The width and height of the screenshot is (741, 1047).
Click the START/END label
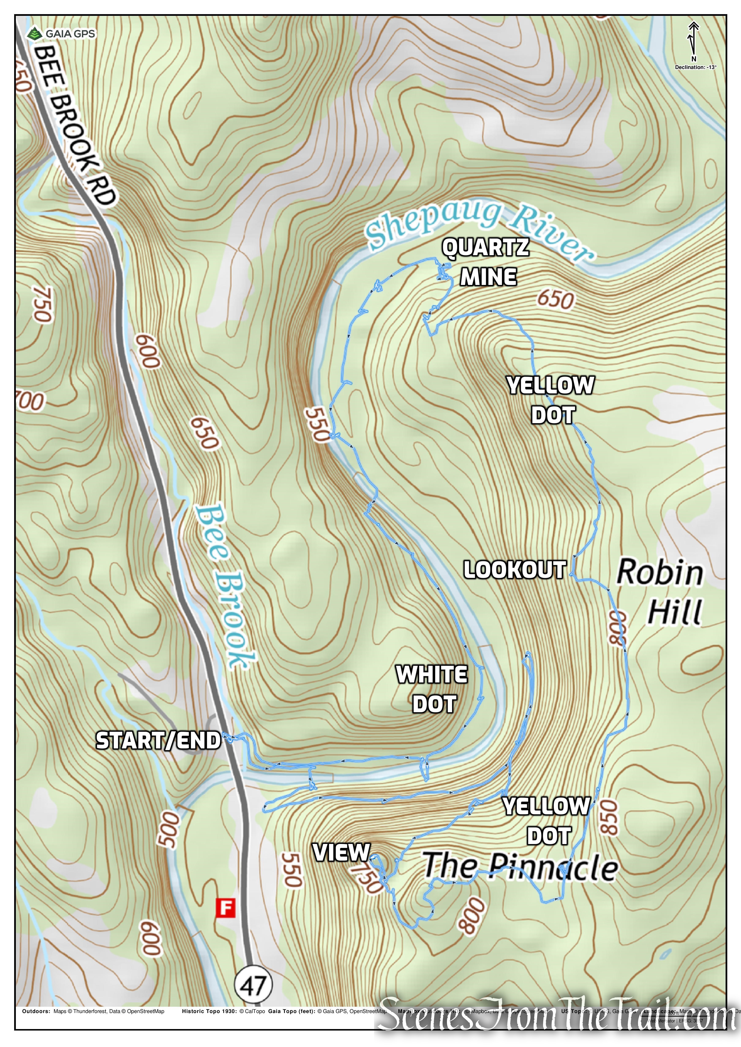(158, 741)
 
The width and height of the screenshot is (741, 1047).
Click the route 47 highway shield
(253, 986)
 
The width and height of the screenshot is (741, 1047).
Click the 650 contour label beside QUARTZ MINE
(555, 300)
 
